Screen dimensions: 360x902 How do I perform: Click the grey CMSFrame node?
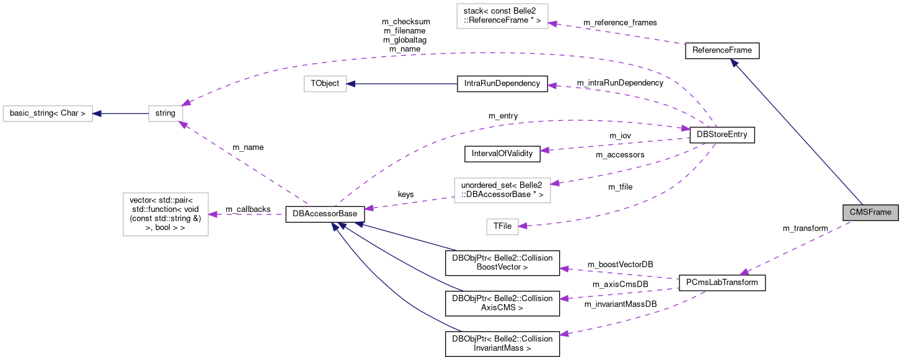(870, 213)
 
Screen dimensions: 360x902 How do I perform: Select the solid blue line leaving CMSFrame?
(797, 132)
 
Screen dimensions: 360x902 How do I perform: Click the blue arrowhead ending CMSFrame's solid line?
(733, 63)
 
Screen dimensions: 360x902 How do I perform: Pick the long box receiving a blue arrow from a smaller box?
(48, 114)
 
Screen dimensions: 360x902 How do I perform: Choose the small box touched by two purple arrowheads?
(166, 114)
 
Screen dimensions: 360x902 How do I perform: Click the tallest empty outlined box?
(166, 214)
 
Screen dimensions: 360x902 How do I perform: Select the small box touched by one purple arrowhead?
(502, 227)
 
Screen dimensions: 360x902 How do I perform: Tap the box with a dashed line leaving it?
(502, 190)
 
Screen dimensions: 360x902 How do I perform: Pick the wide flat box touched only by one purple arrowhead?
(502, 16)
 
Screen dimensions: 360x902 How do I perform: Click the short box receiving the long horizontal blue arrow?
(325, 84)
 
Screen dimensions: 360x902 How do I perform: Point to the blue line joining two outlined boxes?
(121, 114)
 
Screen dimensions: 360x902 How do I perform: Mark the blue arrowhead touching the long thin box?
(97, 114)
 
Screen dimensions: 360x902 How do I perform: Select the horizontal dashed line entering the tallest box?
(248, 214)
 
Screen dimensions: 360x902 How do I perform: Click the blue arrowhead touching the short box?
(351, 84)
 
